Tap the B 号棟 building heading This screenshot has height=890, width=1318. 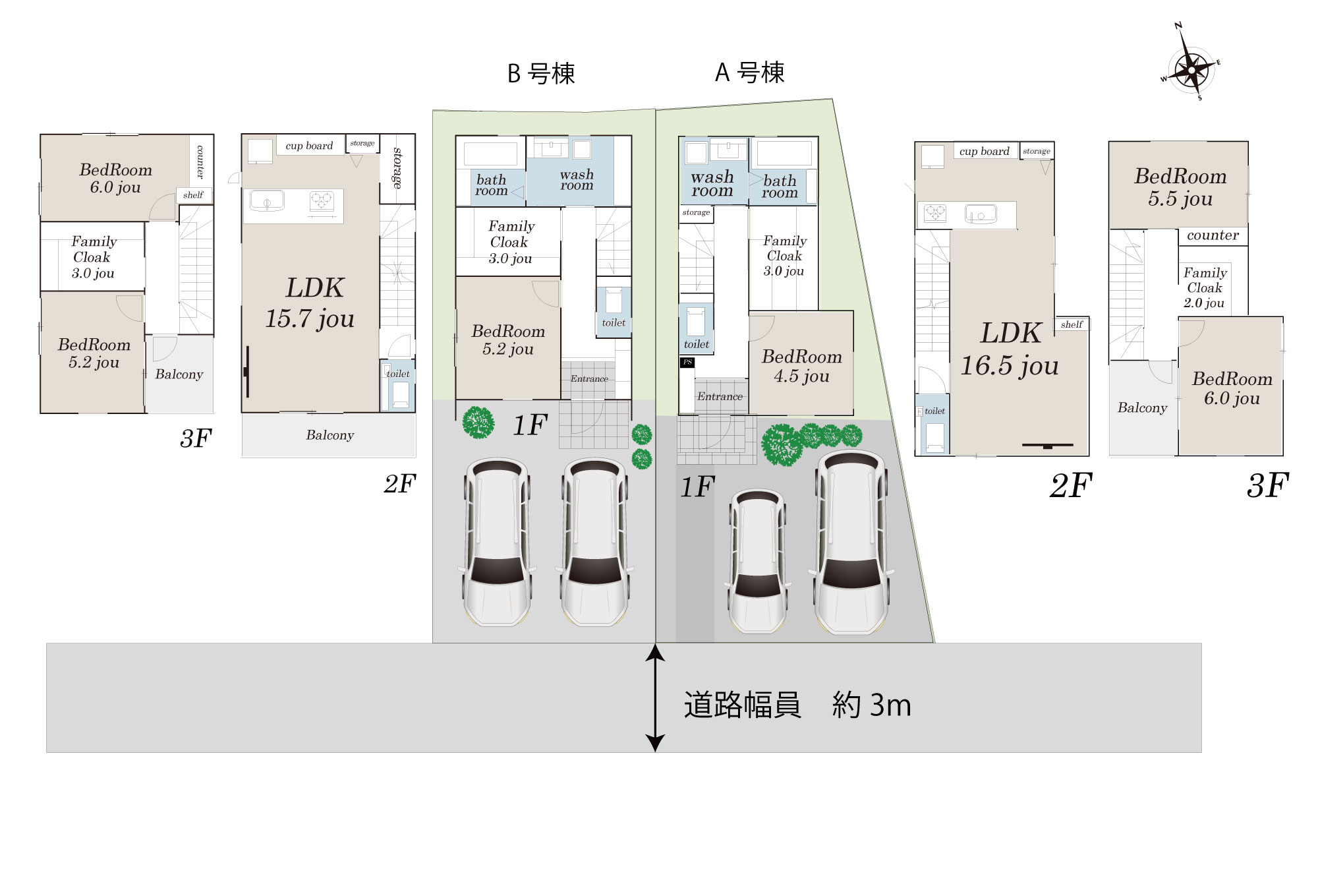[x=541, y=73]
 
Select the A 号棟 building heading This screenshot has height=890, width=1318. [x=750, y=73]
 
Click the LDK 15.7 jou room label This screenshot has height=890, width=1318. [x=310, y=303]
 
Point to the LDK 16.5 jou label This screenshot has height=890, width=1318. [x=1010, y=349]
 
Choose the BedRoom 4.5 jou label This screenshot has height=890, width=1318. [x=801, y=366]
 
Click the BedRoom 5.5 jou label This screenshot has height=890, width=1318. [x=1180, y=187]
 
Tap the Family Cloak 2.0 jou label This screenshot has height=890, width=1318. [x=1205, y=287]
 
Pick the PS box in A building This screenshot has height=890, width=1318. [x=687, y=363]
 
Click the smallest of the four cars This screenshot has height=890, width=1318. [x=757, y=560]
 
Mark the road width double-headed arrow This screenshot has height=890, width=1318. [x=654, y=698]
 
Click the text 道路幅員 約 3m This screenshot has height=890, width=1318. [x=797, y=705]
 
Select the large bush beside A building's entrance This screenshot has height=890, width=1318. [x=782, y=445]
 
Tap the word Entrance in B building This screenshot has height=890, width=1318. [x=589, y=379]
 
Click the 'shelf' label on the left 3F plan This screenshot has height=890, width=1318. [x=193, y=195]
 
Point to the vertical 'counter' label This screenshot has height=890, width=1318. [x=201, y=162]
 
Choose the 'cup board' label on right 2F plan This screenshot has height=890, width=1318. [x=984, y=152]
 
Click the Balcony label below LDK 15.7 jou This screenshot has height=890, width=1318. [x=330, y=435]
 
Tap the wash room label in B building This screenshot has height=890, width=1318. [x=577, y=179]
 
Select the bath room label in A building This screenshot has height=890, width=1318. [x=780, y=187]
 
